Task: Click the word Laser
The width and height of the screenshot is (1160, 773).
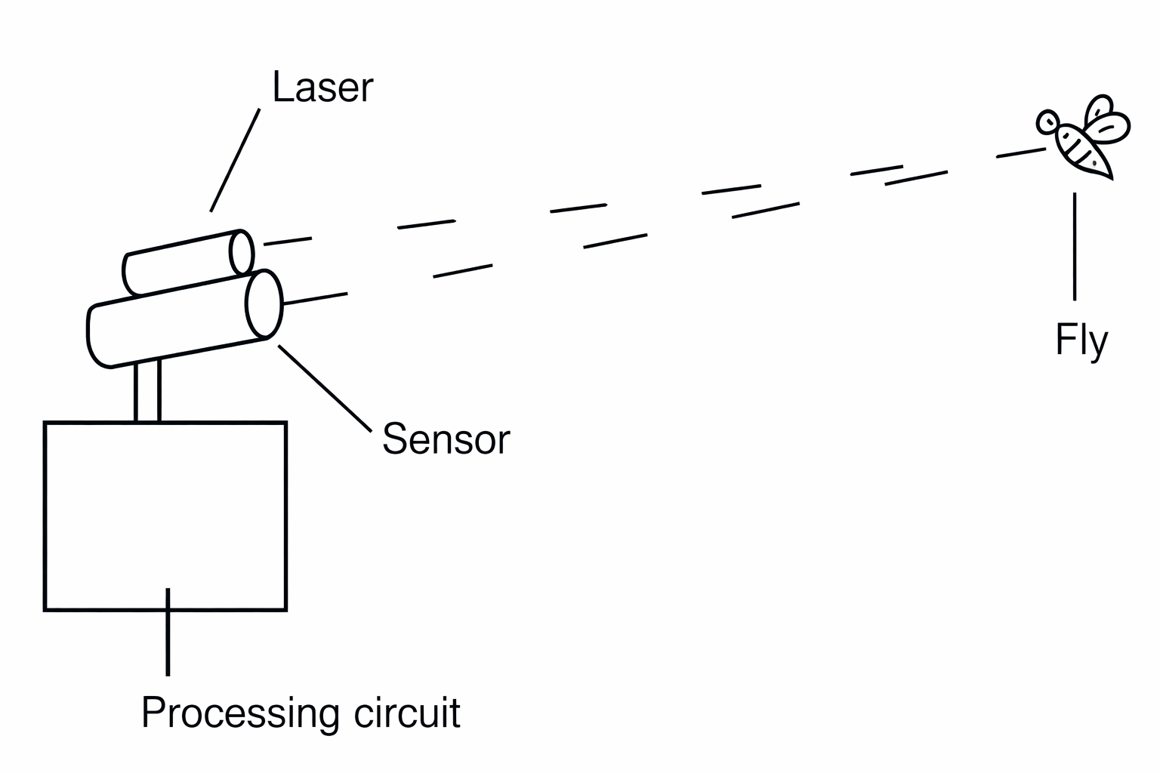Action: (322, 88)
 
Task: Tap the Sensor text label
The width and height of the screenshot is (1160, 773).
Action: (446, 439)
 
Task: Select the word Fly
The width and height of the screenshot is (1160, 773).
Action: (1081, 341)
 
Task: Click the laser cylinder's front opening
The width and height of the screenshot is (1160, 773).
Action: (242, 253)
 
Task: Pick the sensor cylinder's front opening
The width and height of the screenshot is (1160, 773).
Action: (264, 303)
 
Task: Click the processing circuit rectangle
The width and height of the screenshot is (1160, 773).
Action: (165, 516)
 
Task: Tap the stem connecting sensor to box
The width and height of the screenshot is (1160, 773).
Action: (147, 391)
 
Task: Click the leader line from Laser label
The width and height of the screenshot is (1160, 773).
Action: (235, 160)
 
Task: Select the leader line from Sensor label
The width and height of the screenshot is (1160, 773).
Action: (325, 388)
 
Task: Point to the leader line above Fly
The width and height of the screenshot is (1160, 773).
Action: (1075, 246)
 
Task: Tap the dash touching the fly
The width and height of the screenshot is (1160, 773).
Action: (1021, 153)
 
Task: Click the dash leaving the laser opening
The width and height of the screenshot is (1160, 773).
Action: (287, 242)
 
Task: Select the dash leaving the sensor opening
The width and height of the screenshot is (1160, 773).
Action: (315, 299)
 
